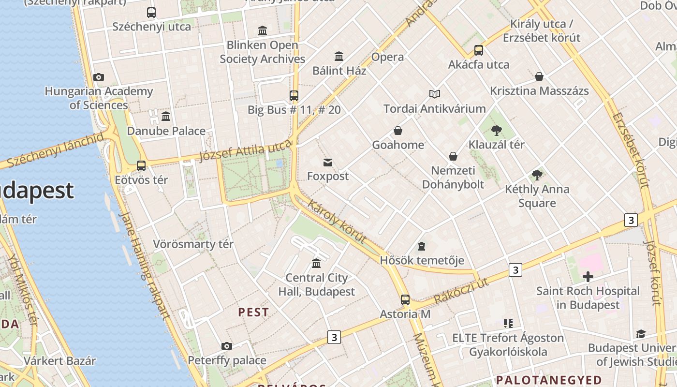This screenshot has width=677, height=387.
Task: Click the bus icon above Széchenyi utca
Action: pos(151,13)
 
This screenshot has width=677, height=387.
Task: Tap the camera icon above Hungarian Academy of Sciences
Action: pos(99,77)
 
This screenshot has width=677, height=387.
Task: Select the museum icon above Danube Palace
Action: pos(166,116)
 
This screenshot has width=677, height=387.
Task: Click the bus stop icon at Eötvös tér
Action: pos(141,166)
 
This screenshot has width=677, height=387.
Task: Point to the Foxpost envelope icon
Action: pos(328,162)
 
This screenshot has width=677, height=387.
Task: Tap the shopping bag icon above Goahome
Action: pos(398,131)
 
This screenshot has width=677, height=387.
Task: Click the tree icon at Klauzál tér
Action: pos(496,130)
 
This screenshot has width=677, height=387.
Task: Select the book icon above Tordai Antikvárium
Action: pos(435,94)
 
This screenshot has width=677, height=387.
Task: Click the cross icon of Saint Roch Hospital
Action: pos(588,277)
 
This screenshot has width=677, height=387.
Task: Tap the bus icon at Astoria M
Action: pos(405,300)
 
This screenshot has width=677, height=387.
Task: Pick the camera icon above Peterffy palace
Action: pos(226,346)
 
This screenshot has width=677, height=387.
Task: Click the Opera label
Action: pos(387,57)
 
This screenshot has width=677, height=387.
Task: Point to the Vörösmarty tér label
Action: pos(193,244)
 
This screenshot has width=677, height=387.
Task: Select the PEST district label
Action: pos(253,312)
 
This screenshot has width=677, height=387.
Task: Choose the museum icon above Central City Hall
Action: pos(316,263)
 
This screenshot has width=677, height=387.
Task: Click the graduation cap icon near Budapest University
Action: pos(641,334)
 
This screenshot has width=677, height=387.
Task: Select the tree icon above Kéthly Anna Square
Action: pos(537,175)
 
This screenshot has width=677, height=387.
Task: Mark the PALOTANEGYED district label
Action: pos(549,380)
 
